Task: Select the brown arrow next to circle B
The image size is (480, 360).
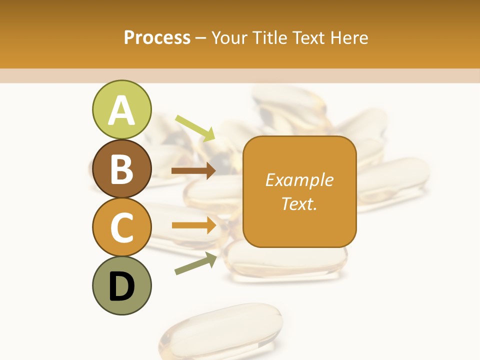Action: click(x=193, y=170)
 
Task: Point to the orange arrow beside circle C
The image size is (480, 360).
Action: click(x=194, y=225)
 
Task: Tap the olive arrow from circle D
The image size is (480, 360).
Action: click(x=195, y=263)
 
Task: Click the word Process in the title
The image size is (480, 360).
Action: click(x=157, y=38)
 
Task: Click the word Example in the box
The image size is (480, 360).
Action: click(x=299, y=180)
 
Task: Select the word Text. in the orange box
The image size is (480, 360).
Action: click(x=299, y=203)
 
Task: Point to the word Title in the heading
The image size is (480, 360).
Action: click(x=270, y=38)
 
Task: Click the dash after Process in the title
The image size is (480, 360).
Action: click(x=201, y=38)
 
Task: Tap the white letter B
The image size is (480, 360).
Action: click(x=122, y=169)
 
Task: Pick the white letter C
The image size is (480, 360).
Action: click(x=122, y=227)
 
